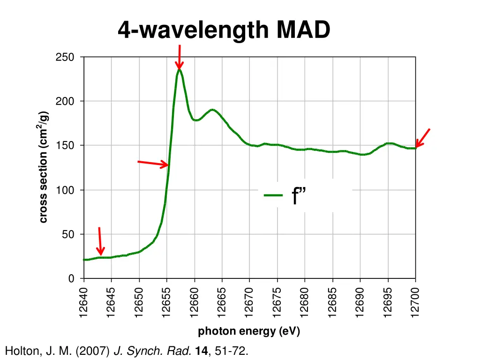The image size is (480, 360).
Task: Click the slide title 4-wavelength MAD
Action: [224, 30]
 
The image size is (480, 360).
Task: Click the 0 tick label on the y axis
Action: [71, 279]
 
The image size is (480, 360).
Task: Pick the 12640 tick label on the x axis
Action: [83, 303]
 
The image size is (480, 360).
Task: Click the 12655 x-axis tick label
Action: [166, 303]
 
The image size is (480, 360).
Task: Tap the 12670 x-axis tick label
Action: [249, 303]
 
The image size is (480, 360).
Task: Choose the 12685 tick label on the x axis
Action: [332, 303]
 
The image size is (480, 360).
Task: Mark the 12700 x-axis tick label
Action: [415, 303]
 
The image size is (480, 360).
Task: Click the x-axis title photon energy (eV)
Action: [249, 331]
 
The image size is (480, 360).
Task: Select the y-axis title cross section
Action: [43, 167]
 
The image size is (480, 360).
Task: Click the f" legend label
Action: [299, 195]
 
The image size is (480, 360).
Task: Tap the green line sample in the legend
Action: [273, 195]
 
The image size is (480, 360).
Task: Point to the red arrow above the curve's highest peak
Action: [179, 57]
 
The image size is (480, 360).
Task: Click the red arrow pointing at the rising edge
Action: [153, 163]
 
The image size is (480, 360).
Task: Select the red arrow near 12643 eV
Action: [100, 241]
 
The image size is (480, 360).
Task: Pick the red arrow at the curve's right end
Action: [422, 138]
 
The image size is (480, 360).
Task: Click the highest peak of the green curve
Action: [179, 70]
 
